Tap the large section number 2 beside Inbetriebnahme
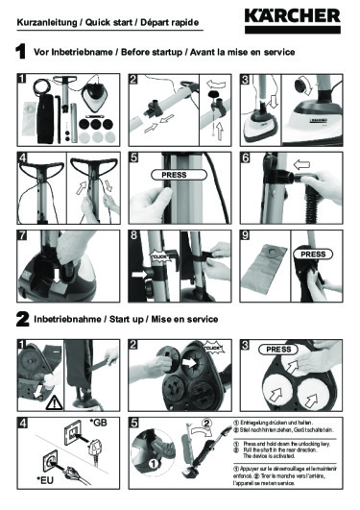19,318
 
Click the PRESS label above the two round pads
277,350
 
